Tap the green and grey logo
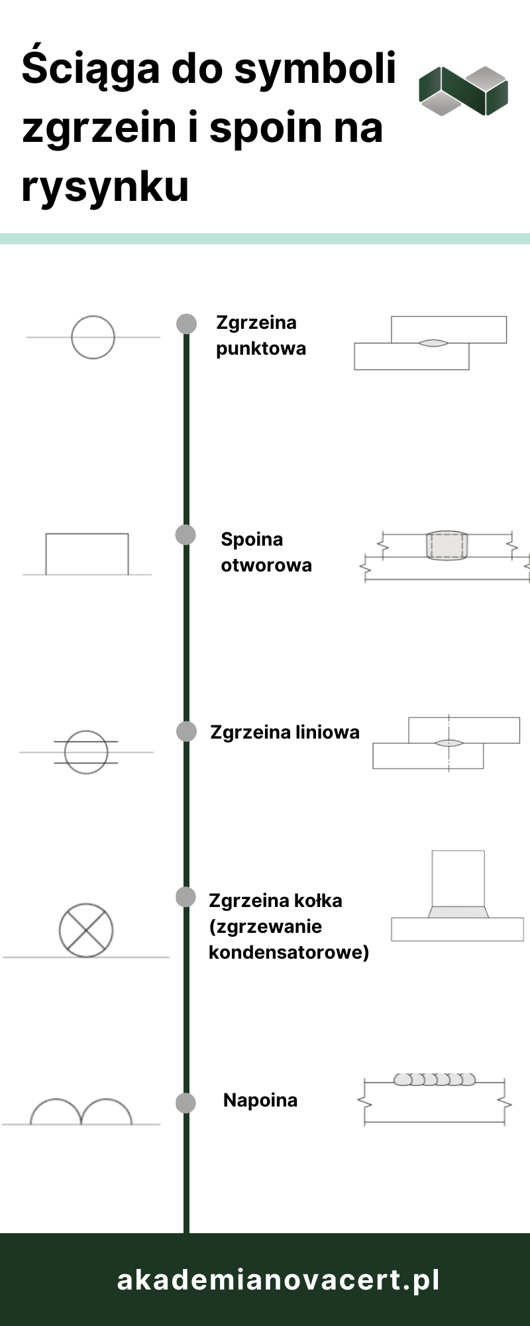tap(463, 91)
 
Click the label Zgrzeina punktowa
tap(260, 335)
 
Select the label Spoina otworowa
tap(266, 552)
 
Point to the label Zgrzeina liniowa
tap(284, 732)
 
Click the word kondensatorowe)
tap(289, 952)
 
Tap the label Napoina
tap(260, 1100)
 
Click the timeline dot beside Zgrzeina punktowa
tap(186, 324)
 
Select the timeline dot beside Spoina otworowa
tap(185, 534)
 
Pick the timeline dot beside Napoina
tap(185, 1103)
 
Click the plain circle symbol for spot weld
tap(93, 337)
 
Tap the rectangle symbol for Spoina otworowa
tap(87, 554)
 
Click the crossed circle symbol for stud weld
tap(86, 930)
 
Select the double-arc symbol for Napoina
tap(81, 1112)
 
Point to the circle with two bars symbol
tap(86, 752)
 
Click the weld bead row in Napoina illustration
tap(435, 1079)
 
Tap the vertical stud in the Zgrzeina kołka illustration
tap(458, 878)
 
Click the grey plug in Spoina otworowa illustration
tap(447, 546)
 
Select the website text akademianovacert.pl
tap(278, 1280)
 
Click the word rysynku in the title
tap(105, 187)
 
